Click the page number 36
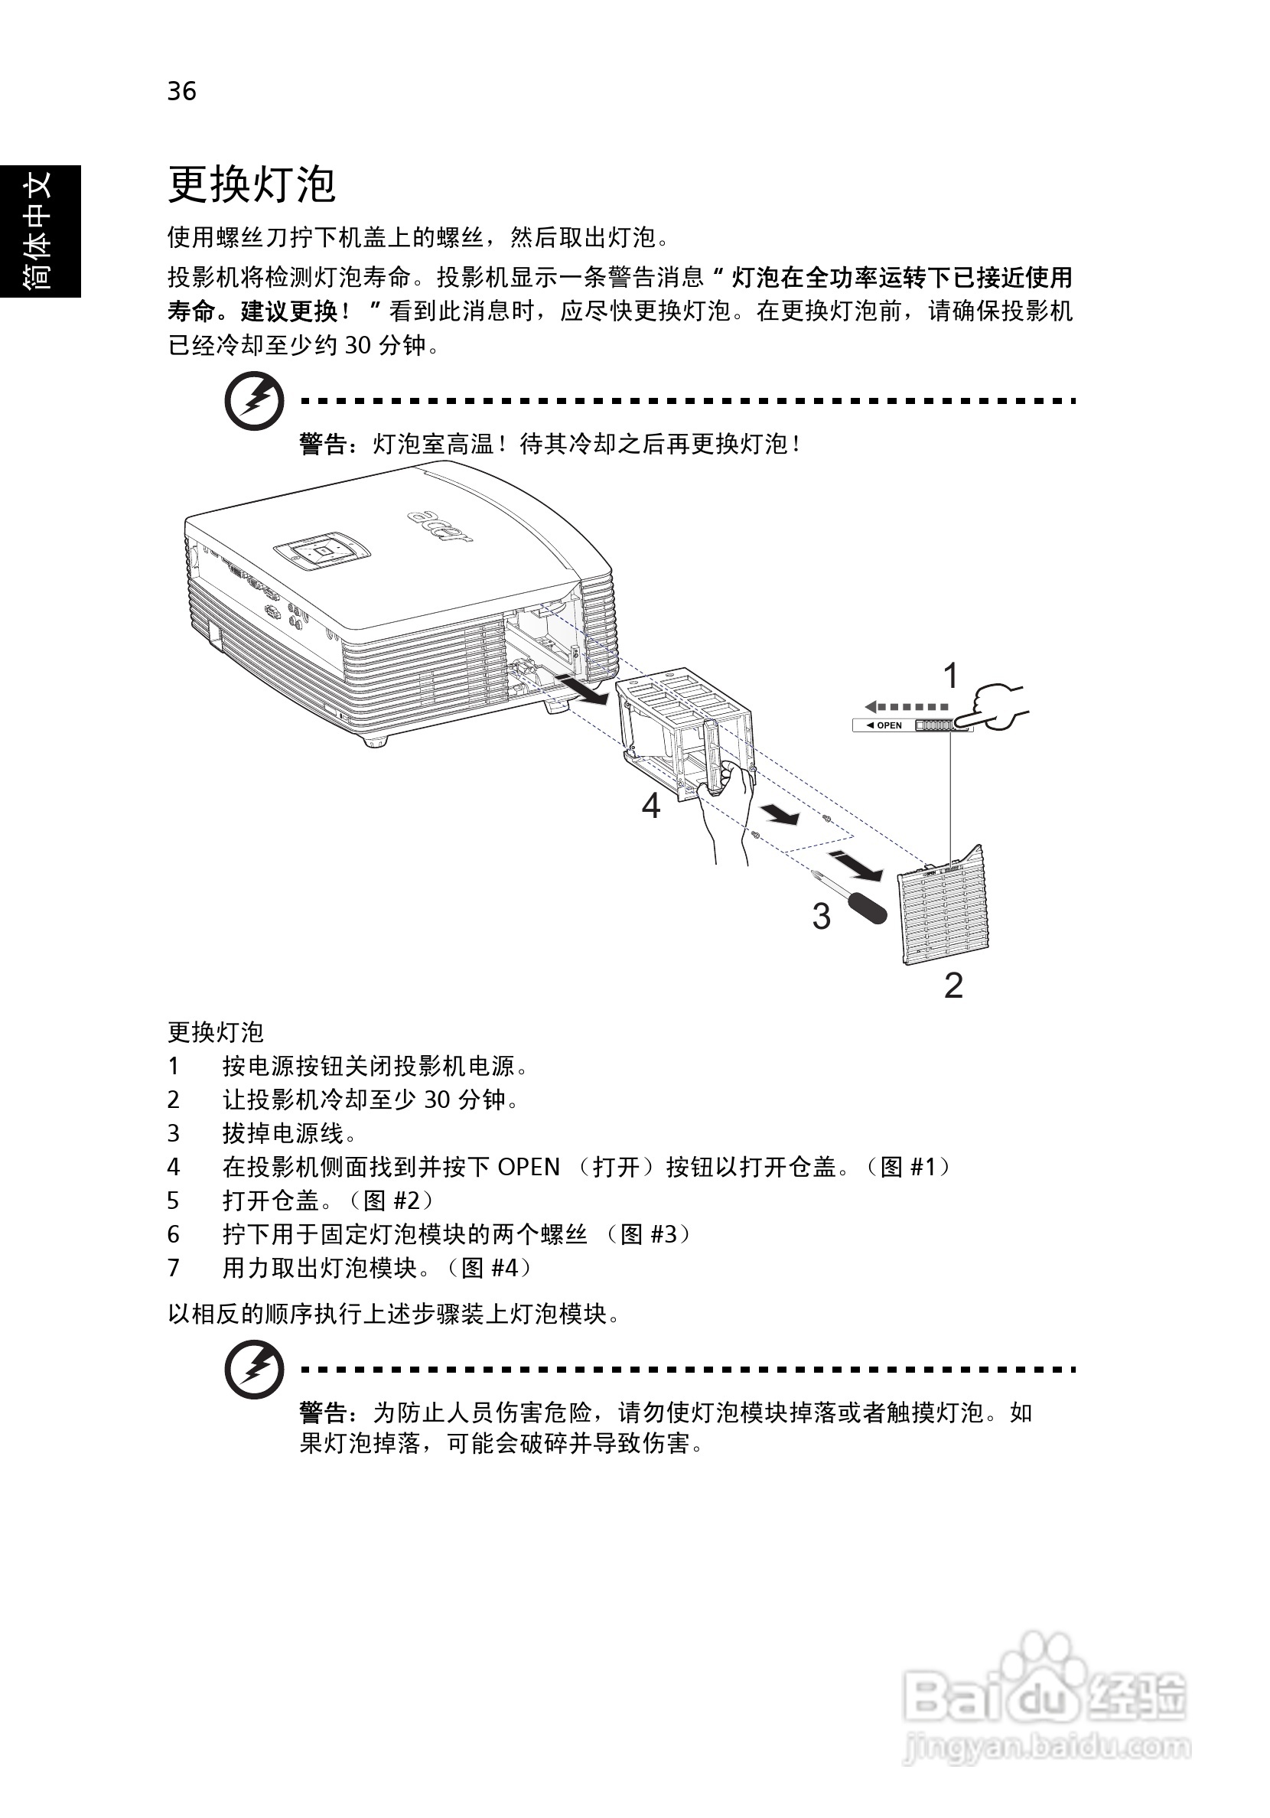(181, 92)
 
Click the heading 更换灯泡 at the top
(251, 184)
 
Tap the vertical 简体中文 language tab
(40, 230)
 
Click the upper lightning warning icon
(254, 401)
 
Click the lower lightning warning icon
(254, 1368)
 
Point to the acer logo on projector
(440, 525)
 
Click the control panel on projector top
(321, 549)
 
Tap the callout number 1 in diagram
(950, 676)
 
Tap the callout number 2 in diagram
(953, 986)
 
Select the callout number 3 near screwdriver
(821, 917)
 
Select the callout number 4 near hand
(650, 806)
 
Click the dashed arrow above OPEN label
(906, 707)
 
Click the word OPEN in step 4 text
(528, 1166)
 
